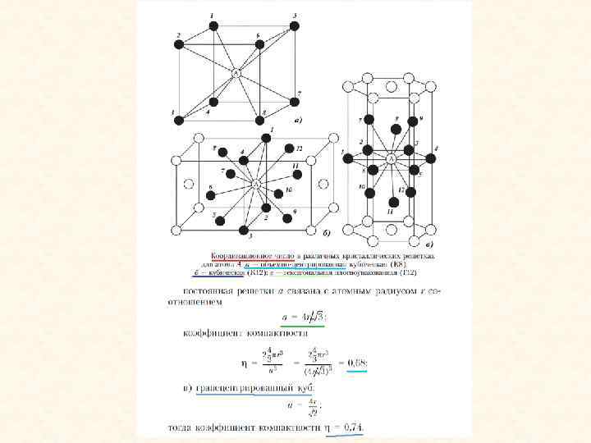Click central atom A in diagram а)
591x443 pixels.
[236, 73]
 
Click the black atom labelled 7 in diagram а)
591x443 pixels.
[294, 102]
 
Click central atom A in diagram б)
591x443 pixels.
[257, 185]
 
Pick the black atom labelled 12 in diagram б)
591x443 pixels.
[289, 149]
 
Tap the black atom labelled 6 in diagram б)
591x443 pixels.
[210, 194]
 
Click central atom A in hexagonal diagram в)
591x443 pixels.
[391, 158]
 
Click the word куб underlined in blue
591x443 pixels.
[267, 386]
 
